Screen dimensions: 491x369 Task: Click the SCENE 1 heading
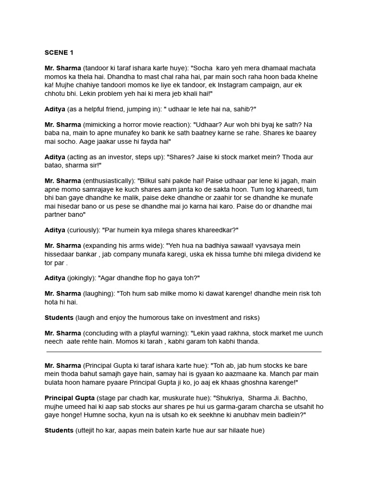(x=59, y=52)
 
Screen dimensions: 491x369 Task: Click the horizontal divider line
(x=184, y=351)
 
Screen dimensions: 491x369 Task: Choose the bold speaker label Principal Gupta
(x=70, y=398)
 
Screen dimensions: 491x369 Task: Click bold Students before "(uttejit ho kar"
(x=59, y=431)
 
